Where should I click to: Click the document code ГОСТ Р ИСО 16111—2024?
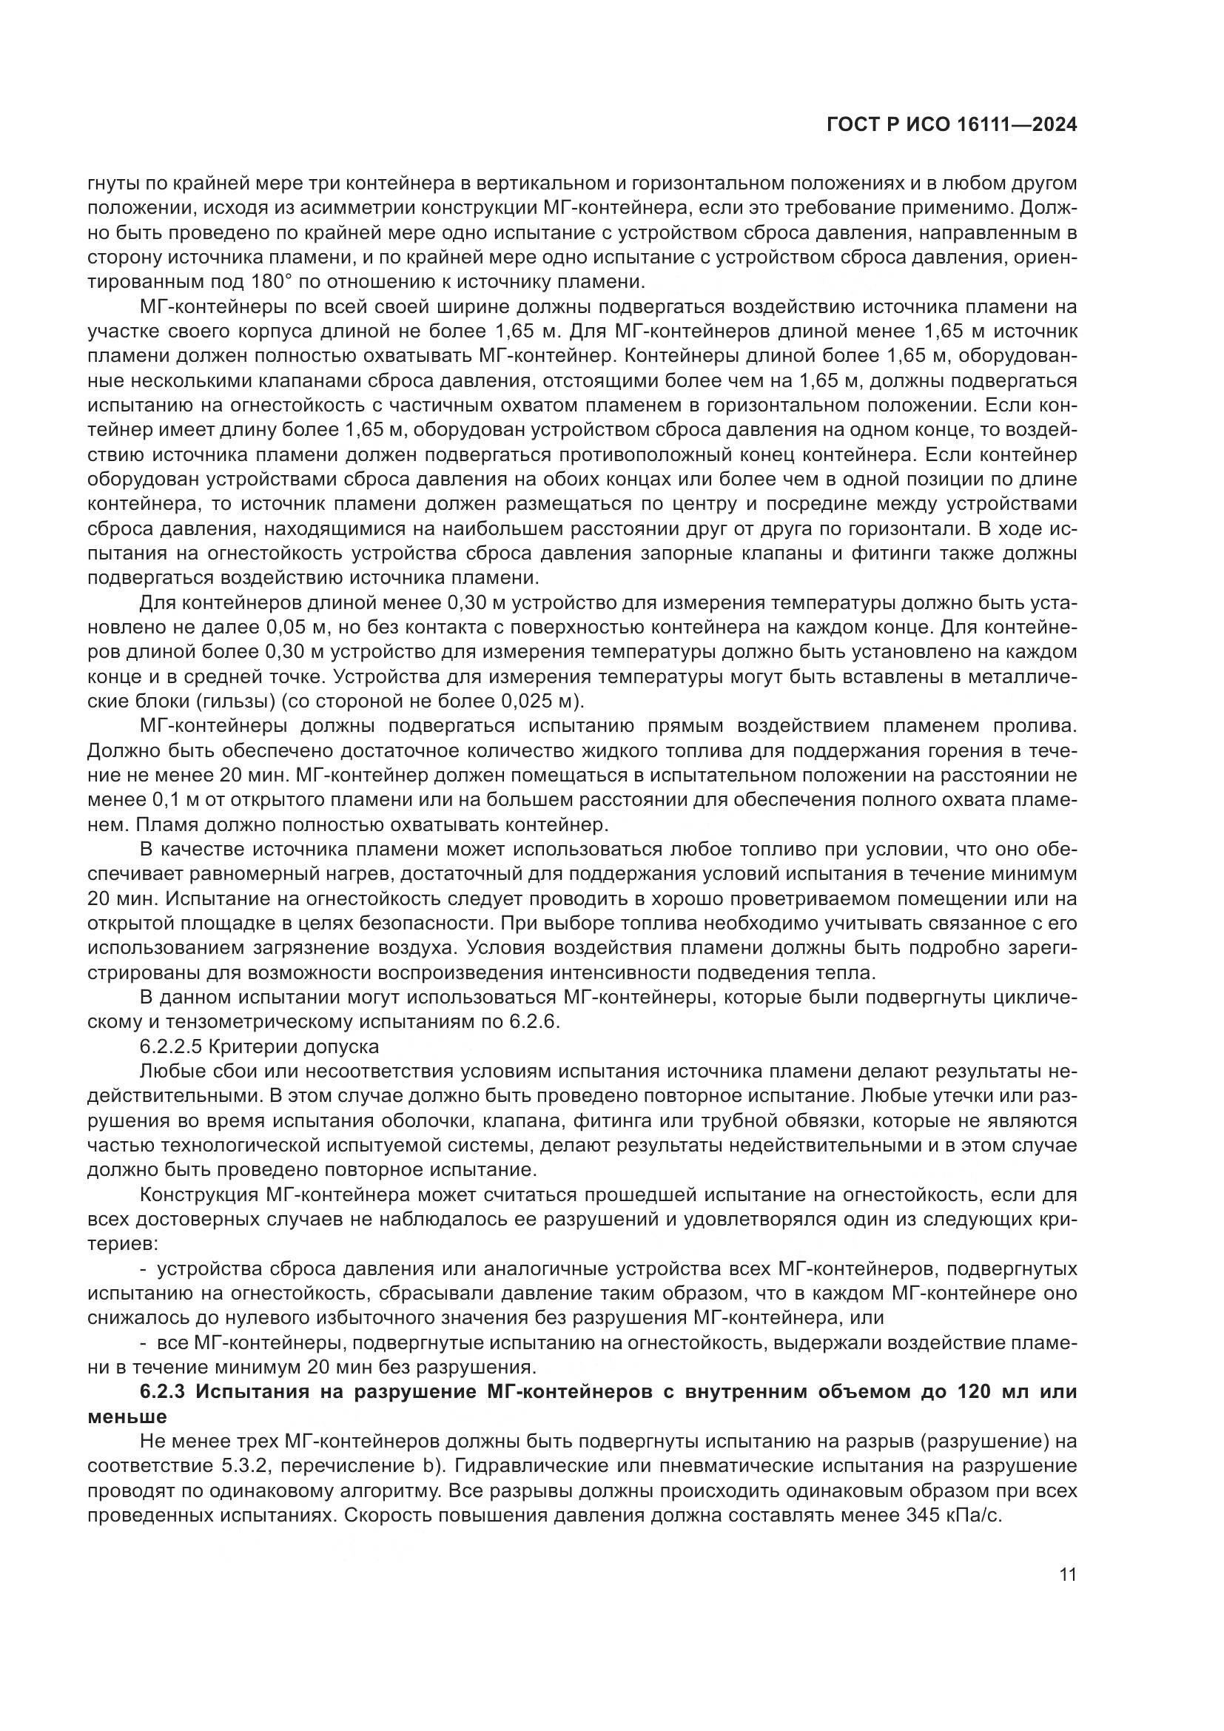pyautogui.click(x=952, y=125)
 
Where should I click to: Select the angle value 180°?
pyautogui.click(x=267, y=283)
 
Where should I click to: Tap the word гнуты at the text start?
pyautogui.click(x=110, y=184)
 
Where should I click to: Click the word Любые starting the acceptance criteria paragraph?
pyautogui.click(x=165, y=1072)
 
